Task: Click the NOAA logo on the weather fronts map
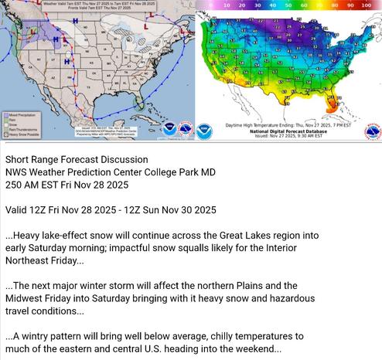tap(169, 128)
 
